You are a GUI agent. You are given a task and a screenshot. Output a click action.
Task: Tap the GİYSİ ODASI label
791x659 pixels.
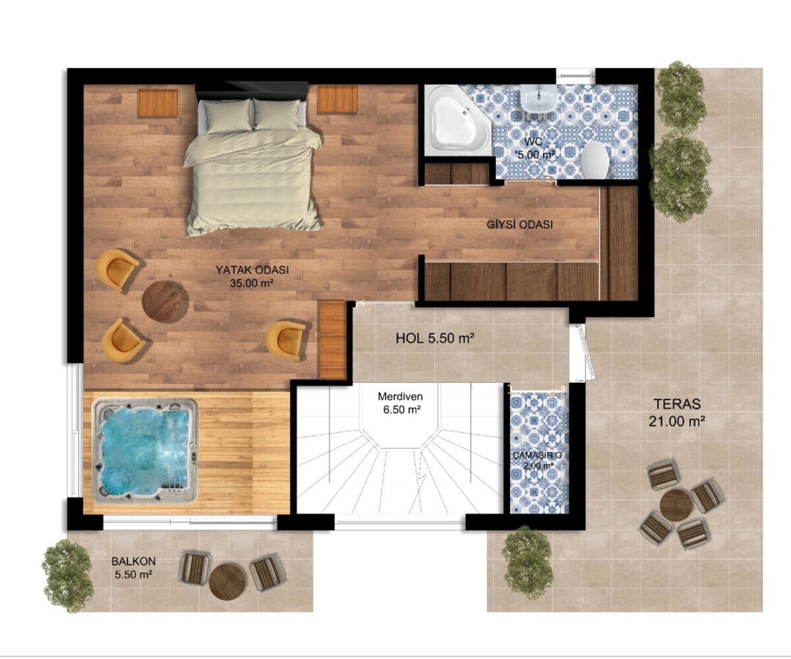pos(519,225)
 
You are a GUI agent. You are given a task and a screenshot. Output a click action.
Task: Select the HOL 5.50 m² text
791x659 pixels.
pos(435,338)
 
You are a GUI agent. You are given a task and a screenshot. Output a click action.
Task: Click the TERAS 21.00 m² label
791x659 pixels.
pos(677,412)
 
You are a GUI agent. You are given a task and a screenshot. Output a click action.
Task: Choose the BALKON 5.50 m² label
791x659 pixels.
pos(133,567)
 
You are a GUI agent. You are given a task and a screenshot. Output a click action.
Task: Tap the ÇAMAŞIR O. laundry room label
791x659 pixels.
pos(538,455)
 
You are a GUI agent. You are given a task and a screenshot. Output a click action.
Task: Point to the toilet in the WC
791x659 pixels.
pos(595,160)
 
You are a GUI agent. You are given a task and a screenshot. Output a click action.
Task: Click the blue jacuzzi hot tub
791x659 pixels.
pos(146,451)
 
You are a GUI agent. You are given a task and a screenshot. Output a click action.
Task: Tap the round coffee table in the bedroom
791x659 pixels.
pos(165,302)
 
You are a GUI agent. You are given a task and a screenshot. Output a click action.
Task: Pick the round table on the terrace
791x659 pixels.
pos(676,505)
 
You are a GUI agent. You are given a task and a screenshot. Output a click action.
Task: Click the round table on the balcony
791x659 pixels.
pos(227,582)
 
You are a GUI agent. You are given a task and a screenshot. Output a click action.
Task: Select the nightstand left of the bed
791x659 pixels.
pos(158,103)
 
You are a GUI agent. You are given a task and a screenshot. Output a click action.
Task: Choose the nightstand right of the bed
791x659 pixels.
pos(337,100)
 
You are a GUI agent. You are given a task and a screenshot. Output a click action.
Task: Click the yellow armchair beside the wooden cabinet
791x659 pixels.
pos(285,341)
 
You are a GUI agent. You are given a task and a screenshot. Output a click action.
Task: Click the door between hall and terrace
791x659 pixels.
pos(582,352)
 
